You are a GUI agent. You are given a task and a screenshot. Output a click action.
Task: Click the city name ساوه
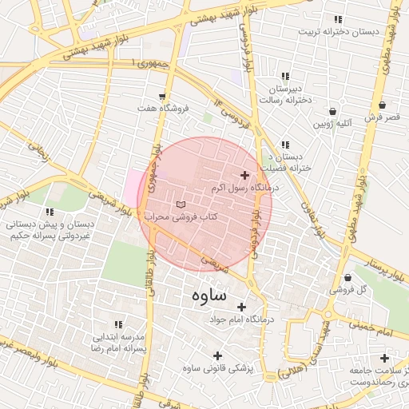tap(210, 296)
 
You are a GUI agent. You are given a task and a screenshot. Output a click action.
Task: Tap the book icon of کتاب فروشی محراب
tap(180, 205)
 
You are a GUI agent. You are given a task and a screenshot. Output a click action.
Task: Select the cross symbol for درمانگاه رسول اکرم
tap(244, 175)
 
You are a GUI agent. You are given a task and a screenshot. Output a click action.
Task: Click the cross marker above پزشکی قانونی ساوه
tap(217, 355)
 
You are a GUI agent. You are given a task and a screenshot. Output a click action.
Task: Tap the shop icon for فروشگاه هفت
tap(163, 97)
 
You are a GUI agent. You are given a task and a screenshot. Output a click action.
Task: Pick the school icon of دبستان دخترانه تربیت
tap(338, 19)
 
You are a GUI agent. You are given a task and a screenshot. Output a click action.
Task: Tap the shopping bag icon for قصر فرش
tap(382, 105)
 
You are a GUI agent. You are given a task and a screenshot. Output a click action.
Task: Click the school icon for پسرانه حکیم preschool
tap(50, 212)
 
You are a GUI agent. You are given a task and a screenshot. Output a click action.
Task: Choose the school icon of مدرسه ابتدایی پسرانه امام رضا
tap(118, 324)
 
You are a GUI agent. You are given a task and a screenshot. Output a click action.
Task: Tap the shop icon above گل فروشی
tap(347, 278)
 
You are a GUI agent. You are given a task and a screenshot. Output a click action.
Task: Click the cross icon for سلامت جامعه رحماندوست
tap(384, 358)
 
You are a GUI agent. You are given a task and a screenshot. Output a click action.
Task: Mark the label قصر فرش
tap(382, 117)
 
